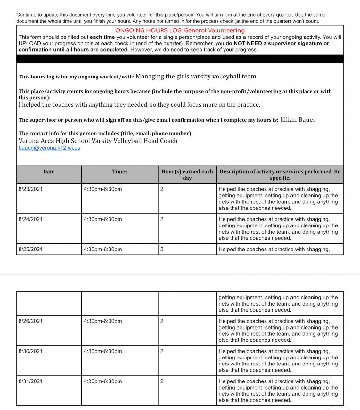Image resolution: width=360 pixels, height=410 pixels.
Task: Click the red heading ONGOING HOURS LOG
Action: [x=180, y=31]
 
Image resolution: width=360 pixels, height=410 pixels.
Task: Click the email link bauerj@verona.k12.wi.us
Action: [x=49, y=148]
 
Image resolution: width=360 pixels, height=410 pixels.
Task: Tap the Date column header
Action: [x=49, y=172]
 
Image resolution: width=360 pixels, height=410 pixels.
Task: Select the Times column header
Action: [x=120, y=172]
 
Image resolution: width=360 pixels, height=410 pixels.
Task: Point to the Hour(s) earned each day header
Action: [x=187, y=175]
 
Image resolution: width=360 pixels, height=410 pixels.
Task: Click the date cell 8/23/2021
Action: [x=30, y=189]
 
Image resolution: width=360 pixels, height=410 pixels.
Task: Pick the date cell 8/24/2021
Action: [x=30, y=219]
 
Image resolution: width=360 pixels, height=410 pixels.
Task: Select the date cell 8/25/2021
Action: [x=30, y=249]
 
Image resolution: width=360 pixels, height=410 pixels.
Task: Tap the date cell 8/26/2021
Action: [x=30, y=321]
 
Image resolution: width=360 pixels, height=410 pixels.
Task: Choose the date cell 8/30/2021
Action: [x=30, y=351]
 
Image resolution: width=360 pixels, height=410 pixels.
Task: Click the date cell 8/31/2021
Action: [x=30, y=381]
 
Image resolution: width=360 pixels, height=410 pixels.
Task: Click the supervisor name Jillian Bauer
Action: [x=298, y=120]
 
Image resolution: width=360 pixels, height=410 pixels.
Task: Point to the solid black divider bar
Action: [x=180, y=59]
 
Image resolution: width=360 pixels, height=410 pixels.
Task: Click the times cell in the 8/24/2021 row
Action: [x=103, y=219]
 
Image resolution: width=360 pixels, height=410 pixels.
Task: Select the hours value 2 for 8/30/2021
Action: [x=162, y=351]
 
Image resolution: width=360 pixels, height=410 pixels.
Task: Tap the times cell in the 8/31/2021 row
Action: [x=103, y=381]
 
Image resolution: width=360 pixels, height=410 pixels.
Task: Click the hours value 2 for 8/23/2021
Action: [x=162, y=189]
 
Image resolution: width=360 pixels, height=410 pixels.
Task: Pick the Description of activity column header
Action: [x=280, y=175]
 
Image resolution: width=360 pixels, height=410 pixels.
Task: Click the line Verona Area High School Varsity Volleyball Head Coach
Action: [x=98, y=141]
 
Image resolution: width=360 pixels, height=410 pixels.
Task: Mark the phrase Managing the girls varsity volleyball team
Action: [x=196, y=76]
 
